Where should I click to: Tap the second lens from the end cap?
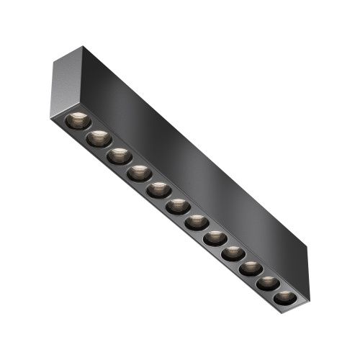[99, 138]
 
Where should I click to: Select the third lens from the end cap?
[119, 156]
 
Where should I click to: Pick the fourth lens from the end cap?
[139, 173]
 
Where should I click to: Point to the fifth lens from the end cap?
[158, 190]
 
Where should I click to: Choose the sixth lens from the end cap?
[178, 207]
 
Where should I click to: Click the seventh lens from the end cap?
[197, 222]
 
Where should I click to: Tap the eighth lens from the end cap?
[215, 238]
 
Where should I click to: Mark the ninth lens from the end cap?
[233, 253]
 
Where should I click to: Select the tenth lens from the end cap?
[251, 269]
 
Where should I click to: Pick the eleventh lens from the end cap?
[268, 283]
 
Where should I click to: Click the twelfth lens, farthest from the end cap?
[284, 297]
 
